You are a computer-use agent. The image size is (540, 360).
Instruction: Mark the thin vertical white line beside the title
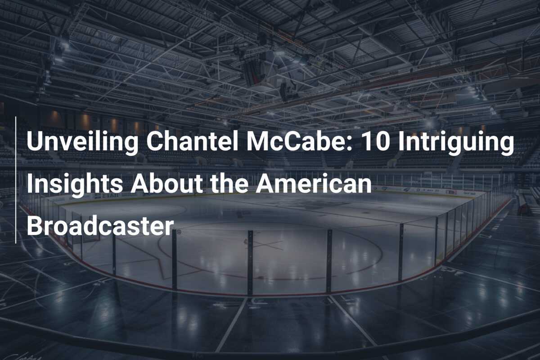click(16, 180)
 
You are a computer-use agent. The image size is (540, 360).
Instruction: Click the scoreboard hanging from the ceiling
click(255, 72)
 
